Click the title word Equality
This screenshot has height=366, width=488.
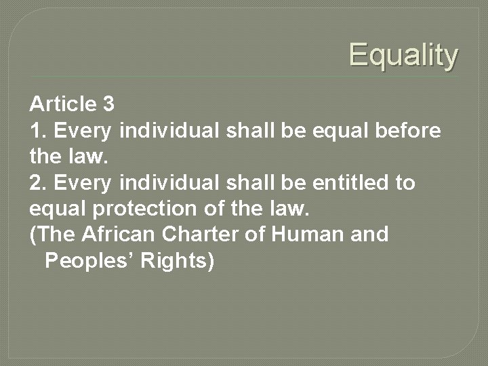click(x=403, y=56)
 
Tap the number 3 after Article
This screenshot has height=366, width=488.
click(x=108, y=104)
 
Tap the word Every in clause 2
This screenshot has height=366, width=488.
click(x=81, y=183)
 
